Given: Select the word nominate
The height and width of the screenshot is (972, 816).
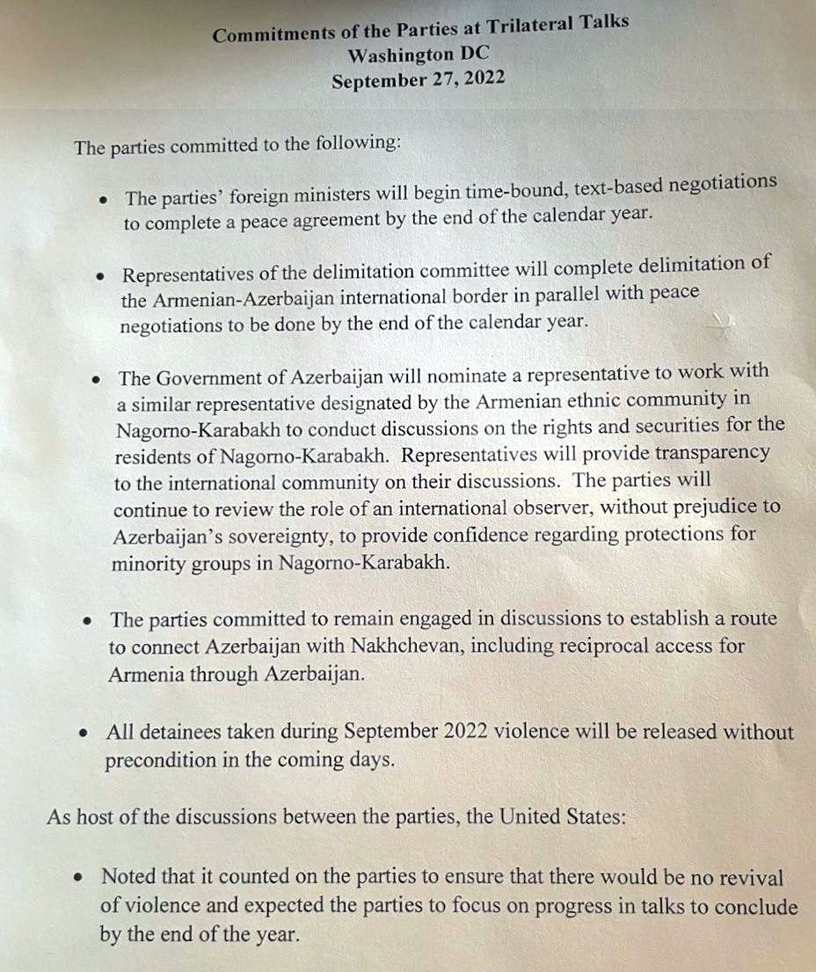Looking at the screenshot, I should (x=469, y=376).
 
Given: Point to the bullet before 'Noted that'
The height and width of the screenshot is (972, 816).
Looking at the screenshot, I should (x=79, y=878).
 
